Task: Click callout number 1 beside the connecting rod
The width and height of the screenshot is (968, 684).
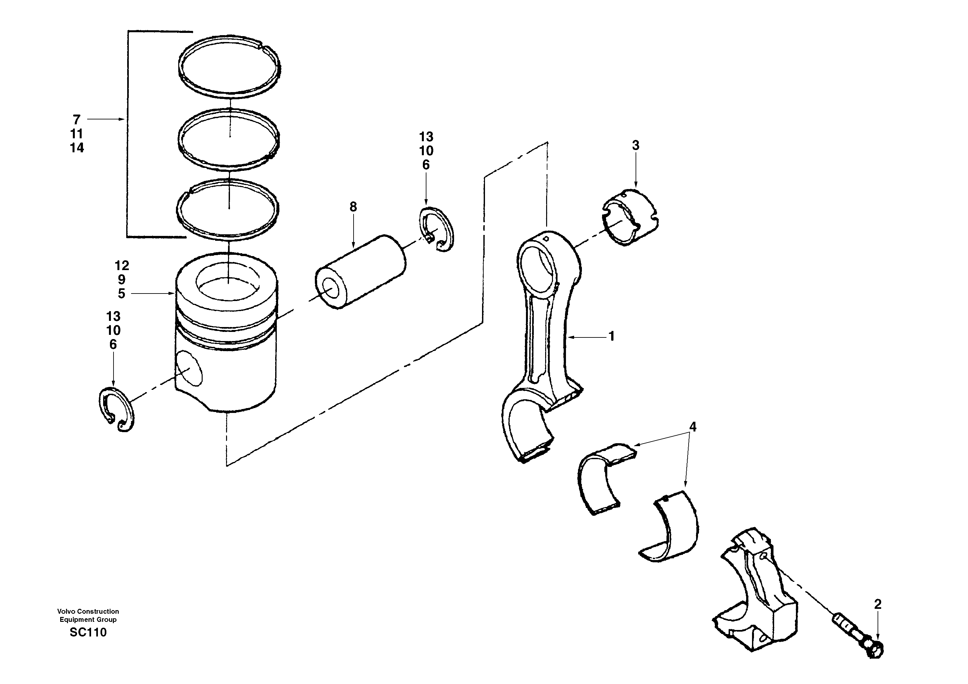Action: [611, 336]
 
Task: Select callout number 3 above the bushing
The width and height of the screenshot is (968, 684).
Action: [635, 145]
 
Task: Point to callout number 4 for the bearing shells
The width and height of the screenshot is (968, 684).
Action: [692, 427]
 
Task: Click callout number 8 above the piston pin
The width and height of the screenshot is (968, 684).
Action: [353, 207]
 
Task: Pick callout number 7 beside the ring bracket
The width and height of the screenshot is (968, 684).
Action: [76, 120]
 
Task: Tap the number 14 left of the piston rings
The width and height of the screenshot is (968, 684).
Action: [77, 148]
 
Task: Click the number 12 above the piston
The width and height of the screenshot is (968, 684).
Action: [122, 265]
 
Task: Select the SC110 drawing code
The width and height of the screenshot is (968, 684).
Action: [88, 632]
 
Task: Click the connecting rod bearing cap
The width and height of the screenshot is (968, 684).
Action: [757, 595]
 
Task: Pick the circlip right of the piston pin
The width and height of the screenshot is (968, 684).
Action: [437, 229]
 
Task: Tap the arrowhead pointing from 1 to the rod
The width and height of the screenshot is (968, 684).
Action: [571, 337]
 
